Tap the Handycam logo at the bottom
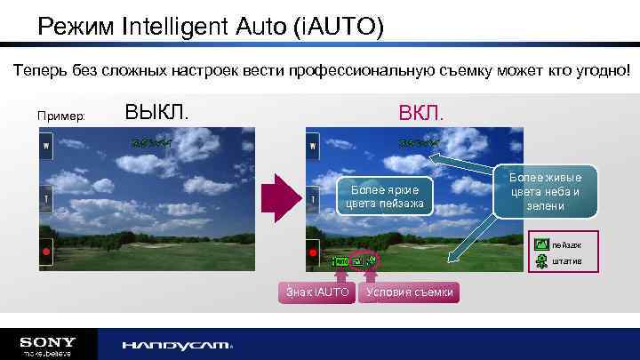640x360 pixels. [x=177, y=345]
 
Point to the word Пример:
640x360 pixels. [x=61, y=116]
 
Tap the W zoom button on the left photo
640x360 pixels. [x=44, y=144]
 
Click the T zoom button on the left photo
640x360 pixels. [x=44, y=198]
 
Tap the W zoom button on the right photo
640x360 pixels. [x=312, y=144]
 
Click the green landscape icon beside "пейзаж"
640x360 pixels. [x=541, y=244]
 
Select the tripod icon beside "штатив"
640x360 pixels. [x=541, y=261]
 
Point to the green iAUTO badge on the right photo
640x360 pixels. [x=340, y=262]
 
